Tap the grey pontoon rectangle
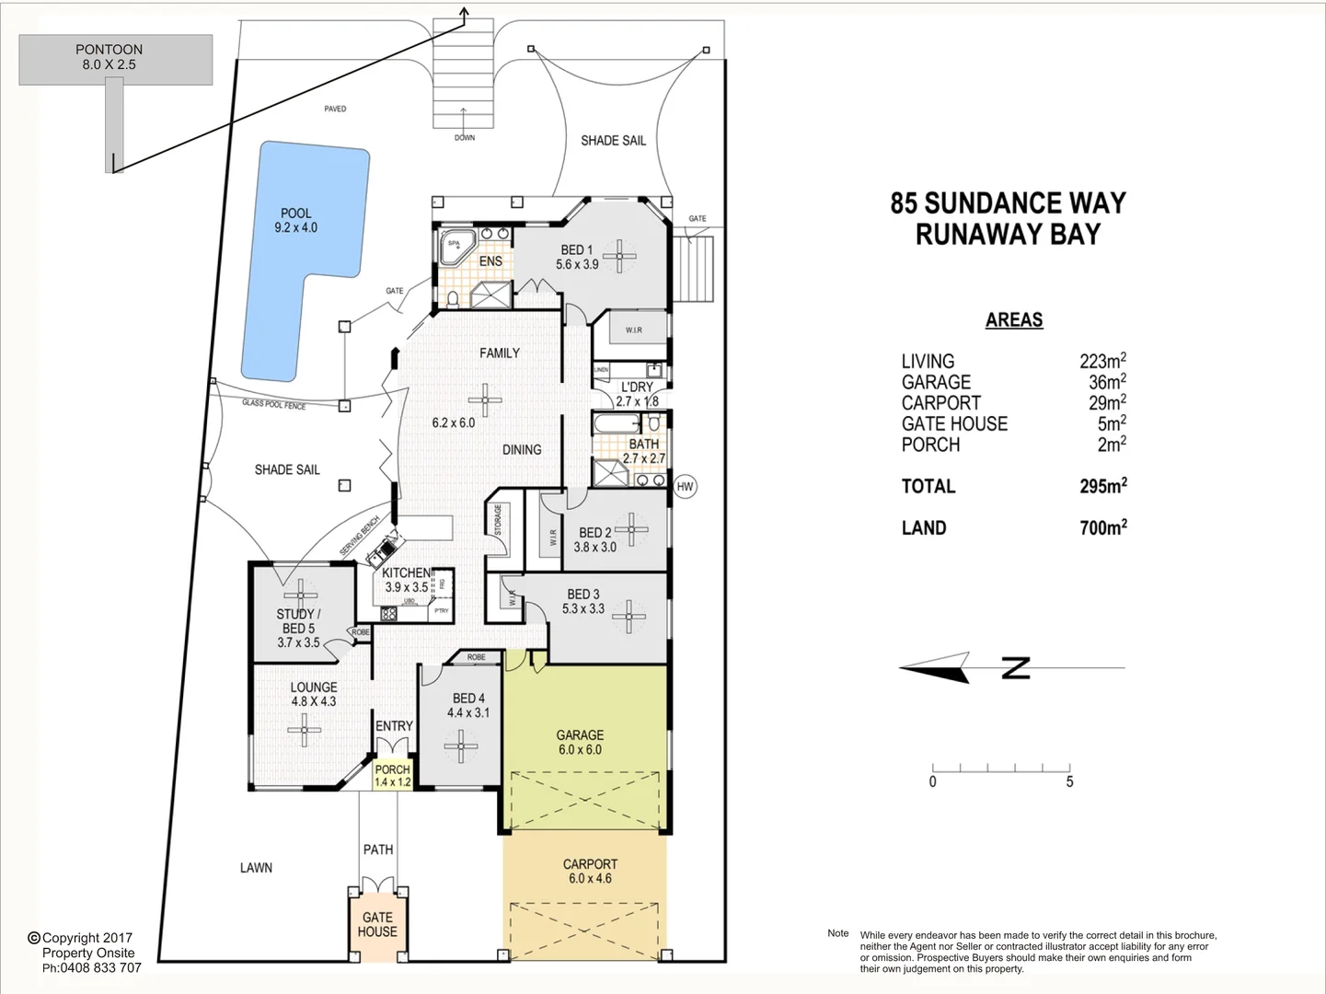[116, 60]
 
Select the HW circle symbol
[685, 487]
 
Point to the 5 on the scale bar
[1069, 782]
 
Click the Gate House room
[377, 925]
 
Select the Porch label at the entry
[393, 769]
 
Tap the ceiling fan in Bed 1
[619, 256]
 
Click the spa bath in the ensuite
[455, 246]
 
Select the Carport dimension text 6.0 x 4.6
[590, 878]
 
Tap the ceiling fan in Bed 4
[459, 746]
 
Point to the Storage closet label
[499, 521]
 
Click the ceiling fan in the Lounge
[303, 731]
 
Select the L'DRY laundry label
[636, 387]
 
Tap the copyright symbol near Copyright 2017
[34, 938]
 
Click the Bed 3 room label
[582, 595]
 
